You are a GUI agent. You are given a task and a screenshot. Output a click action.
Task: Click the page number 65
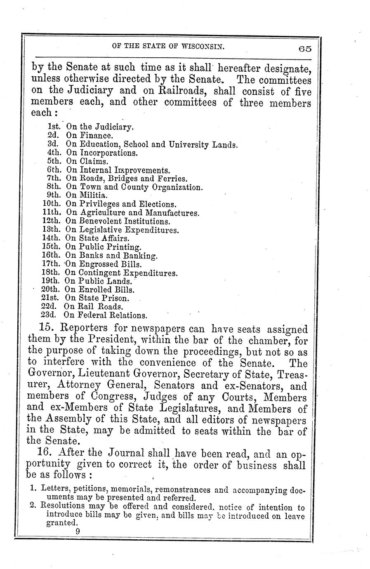coord(305,49)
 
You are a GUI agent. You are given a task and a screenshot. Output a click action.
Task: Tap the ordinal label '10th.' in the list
coord(52,204)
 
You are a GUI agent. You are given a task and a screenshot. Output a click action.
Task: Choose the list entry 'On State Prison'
coord(97,298)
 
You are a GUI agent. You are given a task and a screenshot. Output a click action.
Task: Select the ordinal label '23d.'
coord(51,316)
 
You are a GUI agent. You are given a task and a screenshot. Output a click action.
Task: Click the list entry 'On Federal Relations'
coord(106,316)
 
